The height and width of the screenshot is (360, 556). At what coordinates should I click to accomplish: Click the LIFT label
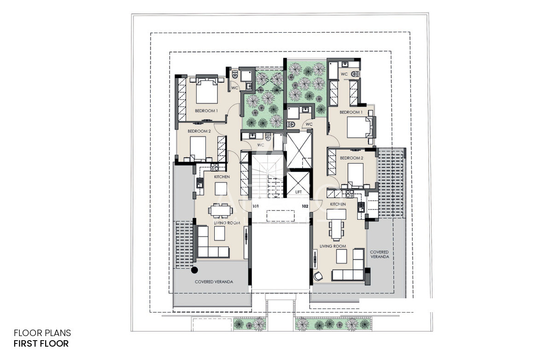298,192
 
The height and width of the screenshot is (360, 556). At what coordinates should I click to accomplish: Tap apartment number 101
255,206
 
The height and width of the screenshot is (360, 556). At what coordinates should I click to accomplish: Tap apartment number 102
305,206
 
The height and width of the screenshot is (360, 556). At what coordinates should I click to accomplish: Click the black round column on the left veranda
194,270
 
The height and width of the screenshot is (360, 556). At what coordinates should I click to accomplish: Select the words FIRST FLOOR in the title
41,343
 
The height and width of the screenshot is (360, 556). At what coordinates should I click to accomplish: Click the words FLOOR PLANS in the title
42,333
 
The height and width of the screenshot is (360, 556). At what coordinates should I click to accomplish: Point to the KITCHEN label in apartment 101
222,177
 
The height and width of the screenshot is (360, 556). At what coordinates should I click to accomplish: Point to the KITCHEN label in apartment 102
338,204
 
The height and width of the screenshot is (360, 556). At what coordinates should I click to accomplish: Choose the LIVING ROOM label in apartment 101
227,223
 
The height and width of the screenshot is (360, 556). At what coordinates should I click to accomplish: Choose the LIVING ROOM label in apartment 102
333,246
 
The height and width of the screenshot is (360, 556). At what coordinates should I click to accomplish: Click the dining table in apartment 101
220,211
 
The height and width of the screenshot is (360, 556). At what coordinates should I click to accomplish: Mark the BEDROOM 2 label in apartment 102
351,158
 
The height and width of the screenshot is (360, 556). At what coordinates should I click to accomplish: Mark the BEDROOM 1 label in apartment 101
206,111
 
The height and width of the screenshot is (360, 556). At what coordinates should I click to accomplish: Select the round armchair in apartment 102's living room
318,276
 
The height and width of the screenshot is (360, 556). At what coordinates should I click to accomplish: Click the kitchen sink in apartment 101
200,183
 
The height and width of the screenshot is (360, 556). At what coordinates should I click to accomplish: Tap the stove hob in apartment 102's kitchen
350,194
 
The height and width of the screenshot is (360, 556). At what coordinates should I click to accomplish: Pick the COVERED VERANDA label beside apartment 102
380,254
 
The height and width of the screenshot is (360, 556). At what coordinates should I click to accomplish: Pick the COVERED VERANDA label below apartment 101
214,282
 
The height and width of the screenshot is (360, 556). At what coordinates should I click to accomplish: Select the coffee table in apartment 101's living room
219,233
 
